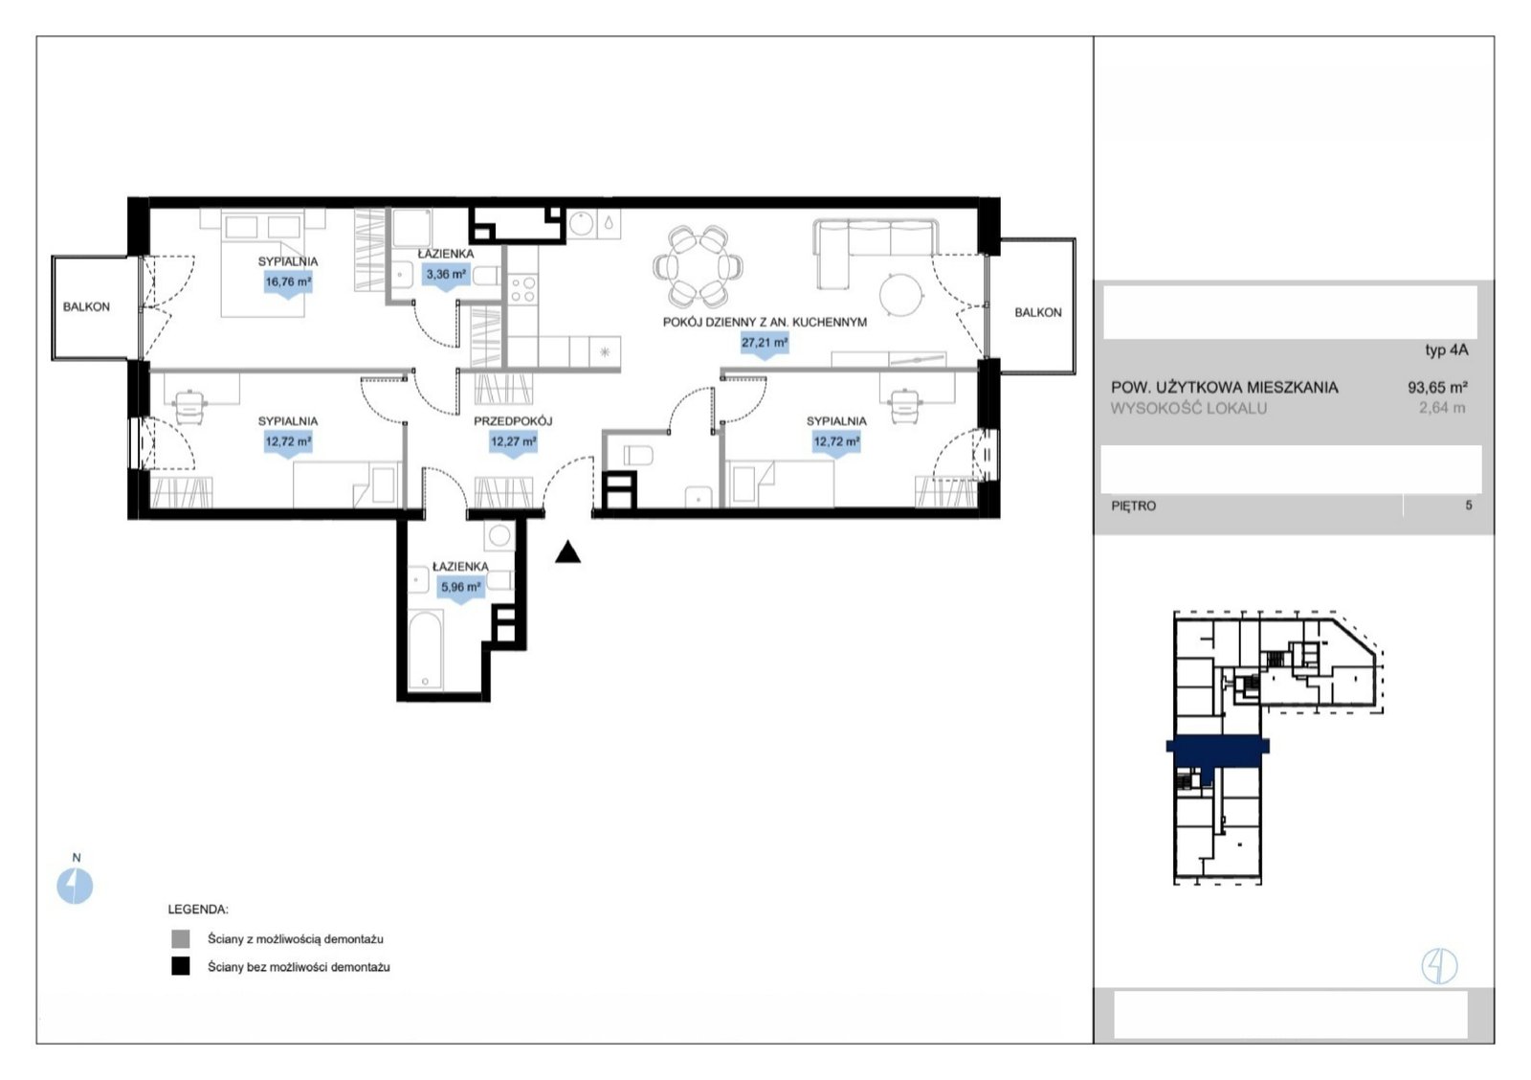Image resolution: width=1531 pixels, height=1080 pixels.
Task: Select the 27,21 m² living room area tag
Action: click(x=765, y=344)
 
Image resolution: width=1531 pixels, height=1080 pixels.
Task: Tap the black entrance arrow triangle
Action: click(x=567, y=552)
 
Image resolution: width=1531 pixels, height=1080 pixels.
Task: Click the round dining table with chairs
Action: click(x=698, y=267)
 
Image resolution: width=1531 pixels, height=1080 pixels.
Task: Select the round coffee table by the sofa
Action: click(x=901, y=295)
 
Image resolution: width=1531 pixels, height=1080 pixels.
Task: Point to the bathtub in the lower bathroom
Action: click(x=426, y=649)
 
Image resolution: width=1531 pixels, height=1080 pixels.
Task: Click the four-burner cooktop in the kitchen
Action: click(x=522, y=288)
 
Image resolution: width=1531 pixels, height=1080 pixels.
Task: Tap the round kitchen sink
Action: click(x=581, y=224)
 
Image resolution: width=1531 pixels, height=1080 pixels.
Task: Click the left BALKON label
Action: click(x=86, y=307)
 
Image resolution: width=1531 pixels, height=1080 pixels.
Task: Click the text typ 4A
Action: click(x=1446, y=350)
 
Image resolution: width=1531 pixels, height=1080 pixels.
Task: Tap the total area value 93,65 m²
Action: click(x=1437, y=387)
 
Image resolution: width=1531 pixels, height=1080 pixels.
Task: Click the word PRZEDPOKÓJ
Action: click(x=513, y=421)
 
